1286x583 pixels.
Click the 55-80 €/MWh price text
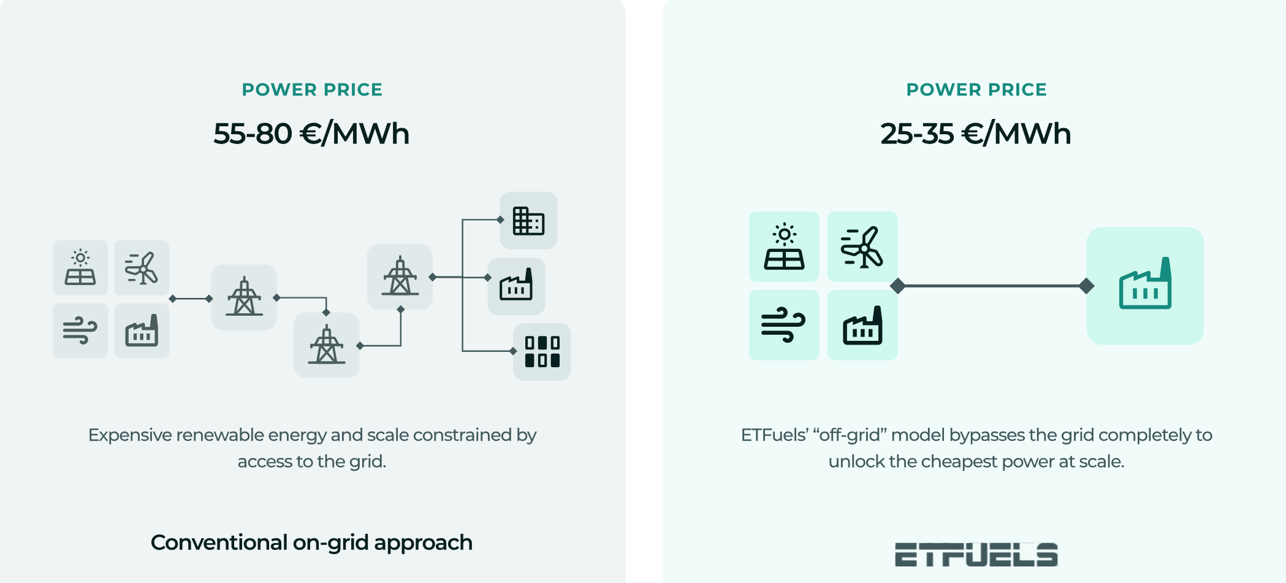point(311,134)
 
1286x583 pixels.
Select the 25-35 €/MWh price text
point(976,134)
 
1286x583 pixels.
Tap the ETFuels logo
point(976,554)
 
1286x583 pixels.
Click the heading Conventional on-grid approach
point(311,543)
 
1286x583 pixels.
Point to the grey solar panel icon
point(80,268)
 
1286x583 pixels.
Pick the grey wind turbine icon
point(142,268)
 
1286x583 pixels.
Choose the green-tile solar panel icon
point(784,246)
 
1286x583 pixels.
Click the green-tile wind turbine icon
point(862,246)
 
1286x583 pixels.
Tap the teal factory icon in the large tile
point(1145,285)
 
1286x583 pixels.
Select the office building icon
point(528,221)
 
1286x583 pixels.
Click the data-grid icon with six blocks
point(542,351)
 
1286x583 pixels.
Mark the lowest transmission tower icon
point(327,345)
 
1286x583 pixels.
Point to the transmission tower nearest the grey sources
point(244,297)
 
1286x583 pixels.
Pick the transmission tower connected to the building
point(400,276)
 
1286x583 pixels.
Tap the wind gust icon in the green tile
point(783,325)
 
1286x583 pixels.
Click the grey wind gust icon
point(80,330)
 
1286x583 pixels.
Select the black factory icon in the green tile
point(862,326)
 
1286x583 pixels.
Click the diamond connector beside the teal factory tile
point(1086,286)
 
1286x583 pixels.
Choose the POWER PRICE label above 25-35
point(976,90)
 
